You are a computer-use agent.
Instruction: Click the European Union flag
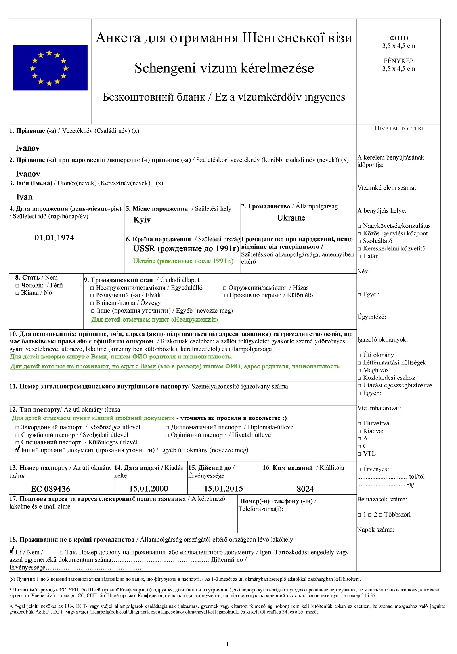50,68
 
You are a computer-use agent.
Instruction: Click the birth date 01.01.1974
54,238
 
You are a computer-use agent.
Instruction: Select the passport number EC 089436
50,489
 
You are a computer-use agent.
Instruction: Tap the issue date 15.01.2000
149,488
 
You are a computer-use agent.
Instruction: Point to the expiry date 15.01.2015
223,488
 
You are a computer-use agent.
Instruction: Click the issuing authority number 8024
305,488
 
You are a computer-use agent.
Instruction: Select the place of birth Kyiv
142,220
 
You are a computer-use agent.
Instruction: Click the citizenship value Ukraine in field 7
291,218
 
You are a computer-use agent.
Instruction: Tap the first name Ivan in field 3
24,197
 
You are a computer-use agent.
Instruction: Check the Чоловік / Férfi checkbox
17,286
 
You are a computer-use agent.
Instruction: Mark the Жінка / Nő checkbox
17,293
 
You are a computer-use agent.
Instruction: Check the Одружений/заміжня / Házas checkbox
225,288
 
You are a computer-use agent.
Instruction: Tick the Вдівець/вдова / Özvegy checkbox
92,303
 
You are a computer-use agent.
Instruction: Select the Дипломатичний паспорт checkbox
167,427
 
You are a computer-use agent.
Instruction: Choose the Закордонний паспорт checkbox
17,427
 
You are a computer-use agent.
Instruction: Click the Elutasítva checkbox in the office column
359,423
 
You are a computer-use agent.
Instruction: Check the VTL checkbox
359,454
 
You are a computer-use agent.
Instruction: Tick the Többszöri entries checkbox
381,515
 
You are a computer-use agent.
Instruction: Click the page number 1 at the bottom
227,644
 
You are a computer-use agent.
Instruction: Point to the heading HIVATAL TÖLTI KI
399,128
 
